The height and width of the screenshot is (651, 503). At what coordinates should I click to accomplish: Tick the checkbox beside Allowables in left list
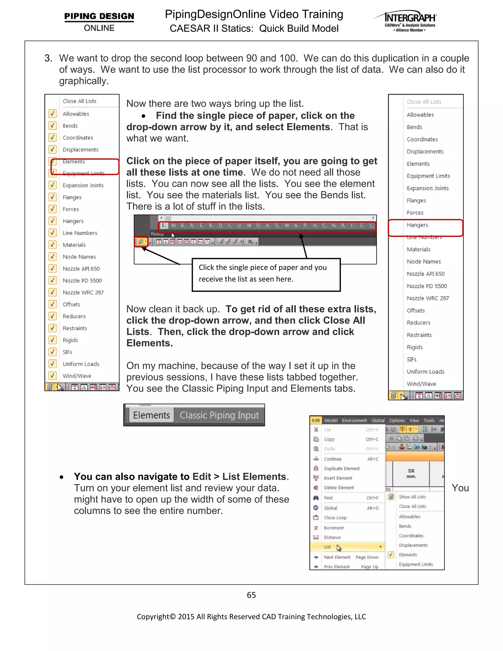tap(53, 113)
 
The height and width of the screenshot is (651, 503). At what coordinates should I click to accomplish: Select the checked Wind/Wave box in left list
tap(53, 376)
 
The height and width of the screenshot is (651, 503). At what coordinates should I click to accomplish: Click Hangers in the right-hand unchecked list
tap(417, 225)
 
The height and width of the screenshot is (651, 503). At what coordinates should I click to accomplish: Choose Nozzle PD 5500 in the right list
tap(426, 286)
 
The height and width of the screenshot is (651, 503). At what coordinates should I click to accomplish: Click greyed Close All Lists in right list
tap(424, 102)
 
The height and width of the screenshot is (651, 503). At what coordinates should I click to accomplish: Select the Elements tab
tap(151, 415)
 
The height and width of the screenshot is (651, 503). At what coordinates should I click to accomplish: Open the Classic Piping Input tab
tap(219, 415)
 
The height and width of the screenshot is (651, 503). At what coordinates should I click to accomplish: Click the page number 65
tap(251, 595)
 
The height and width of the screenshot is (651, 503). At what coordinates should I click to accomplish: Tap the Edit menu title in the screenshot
tap(316, 421)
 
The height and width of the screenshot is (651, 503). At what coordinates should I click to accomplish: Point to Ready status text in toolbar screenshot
tap(157, 234)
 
